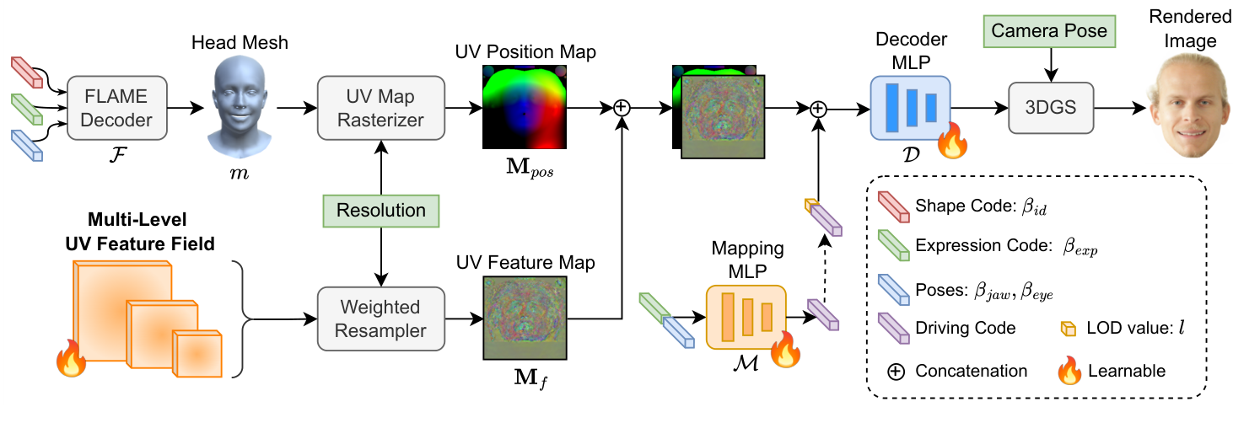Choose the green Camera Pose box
tap(1049, 33)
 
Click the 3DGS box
tap(1049, 107)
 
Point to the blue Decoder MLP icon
tap(910, 107)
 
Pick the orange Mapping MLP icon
tap(746, 317)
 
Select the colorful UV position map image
tap(524, 108)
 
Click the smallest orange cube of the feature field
tap(197, 353)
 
